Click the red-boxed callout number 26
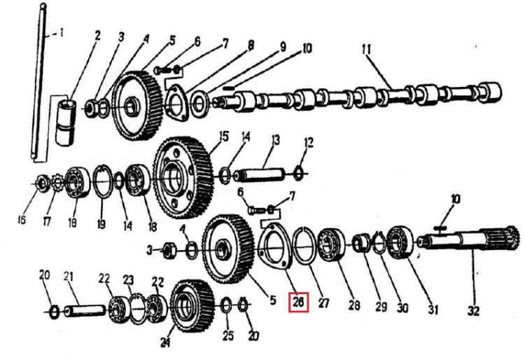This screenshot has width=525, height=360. (x=298, y=302)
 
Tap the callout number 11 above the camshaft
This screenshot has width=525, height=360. (x=367, y=50)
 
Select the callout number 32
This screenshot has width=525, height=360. (x=473, y=311)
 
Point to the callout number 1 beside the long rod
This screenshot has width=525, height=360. (x=61, y=33)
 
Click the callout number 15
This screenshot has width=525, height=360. (x=224, y=137)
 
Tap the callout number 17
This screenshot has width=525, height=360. (x=47, y=221)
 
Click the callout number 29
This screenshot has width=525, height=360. (x=381, y=306)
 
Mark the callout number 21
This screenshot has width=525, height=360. (x=69, y=277)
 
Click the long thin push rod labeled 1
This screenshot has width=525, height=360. (x=38, y=82)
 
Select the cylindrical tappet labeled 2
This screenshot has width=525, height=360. (x=65, y=123)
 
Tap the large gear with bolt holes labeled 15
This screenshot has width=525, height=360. (x=183, y=177)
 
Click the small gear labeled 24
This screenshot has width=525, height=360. (x=192, y=306)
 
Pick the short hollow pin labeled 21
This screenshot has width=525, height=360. (x=85, y=311)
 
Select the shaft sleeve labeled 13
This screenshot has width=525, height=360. (x=258, y=174)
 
